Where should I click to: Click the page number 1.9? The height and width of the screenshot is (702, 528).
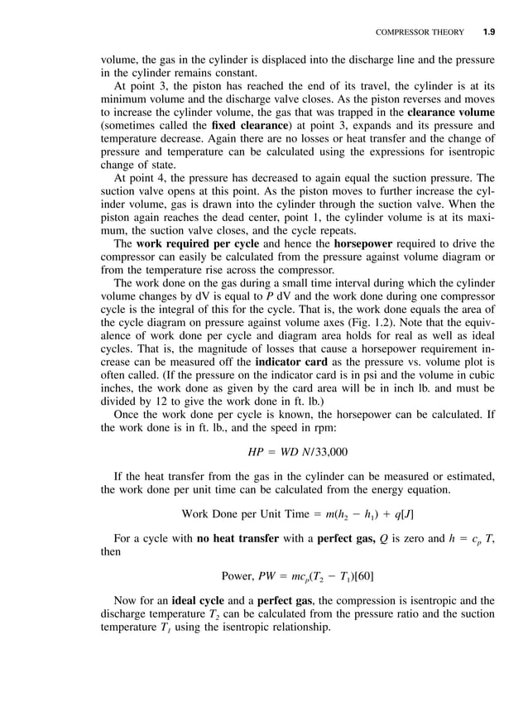488,33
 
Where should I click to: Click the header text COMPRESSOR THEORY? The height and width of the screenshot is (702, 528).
420,33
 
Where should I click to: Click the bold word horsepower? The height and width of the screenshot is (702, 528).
371,244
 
